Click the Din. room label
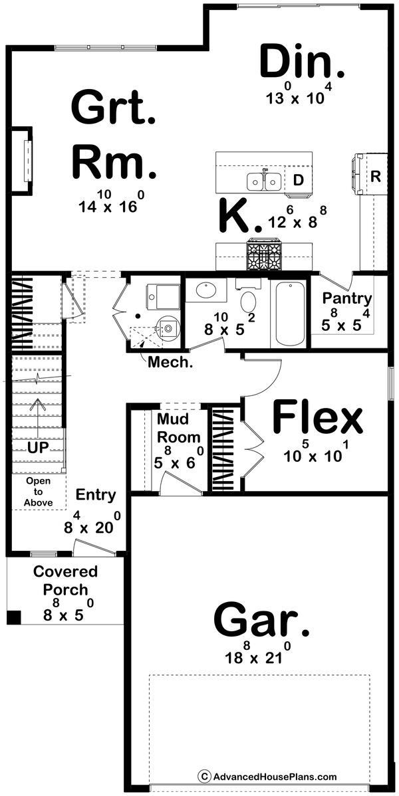[x=303, y=63]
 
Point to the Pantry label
[x=346, y=298]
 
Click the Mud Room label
[x=178, y=429]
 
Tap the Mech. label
[x=166, y=362]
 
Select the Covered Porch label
[x=65, y=580]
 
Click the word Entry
[x=96, y=495]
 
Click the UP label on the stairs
[x=37, y=448]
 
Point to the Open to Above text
[x=38, y=492]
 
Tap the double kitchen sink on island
[x=265, y=181]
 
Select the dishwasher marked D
[x=299, y=180]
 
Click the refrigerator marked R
[x=375, y=176]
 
